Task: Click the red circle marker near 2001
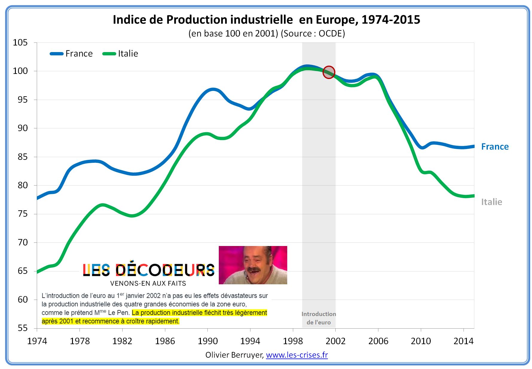click(329, 72)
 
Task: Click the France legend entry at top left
click(72, 54)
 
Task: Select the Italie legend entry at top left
click(121, 54)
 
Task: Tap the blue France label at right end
click(495, 147)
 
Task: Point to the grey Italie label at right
click(491, 202)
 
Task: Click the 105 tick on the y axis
click(20, 42)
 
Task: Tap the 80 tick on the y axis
click(22, 185)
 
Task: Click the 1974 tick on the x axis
click(37, 341)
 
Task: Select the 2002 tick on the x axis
click(335, 341)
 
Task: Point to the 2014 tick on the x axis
click(463, 341)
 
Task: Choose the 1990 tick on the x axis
click(208, 341)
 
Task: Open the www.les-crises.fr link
click(297, 355)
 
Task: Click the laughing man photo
click(253, 265)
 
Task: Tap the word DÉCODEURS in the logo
click(165, 270)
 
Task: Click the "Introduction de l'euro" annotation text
click(319, 318)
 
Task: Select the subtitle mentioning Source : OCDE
click(267, 33)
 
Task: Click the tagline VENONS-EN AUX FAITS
click(148, 283)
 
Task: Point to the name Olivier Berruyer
click(234, 355)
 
